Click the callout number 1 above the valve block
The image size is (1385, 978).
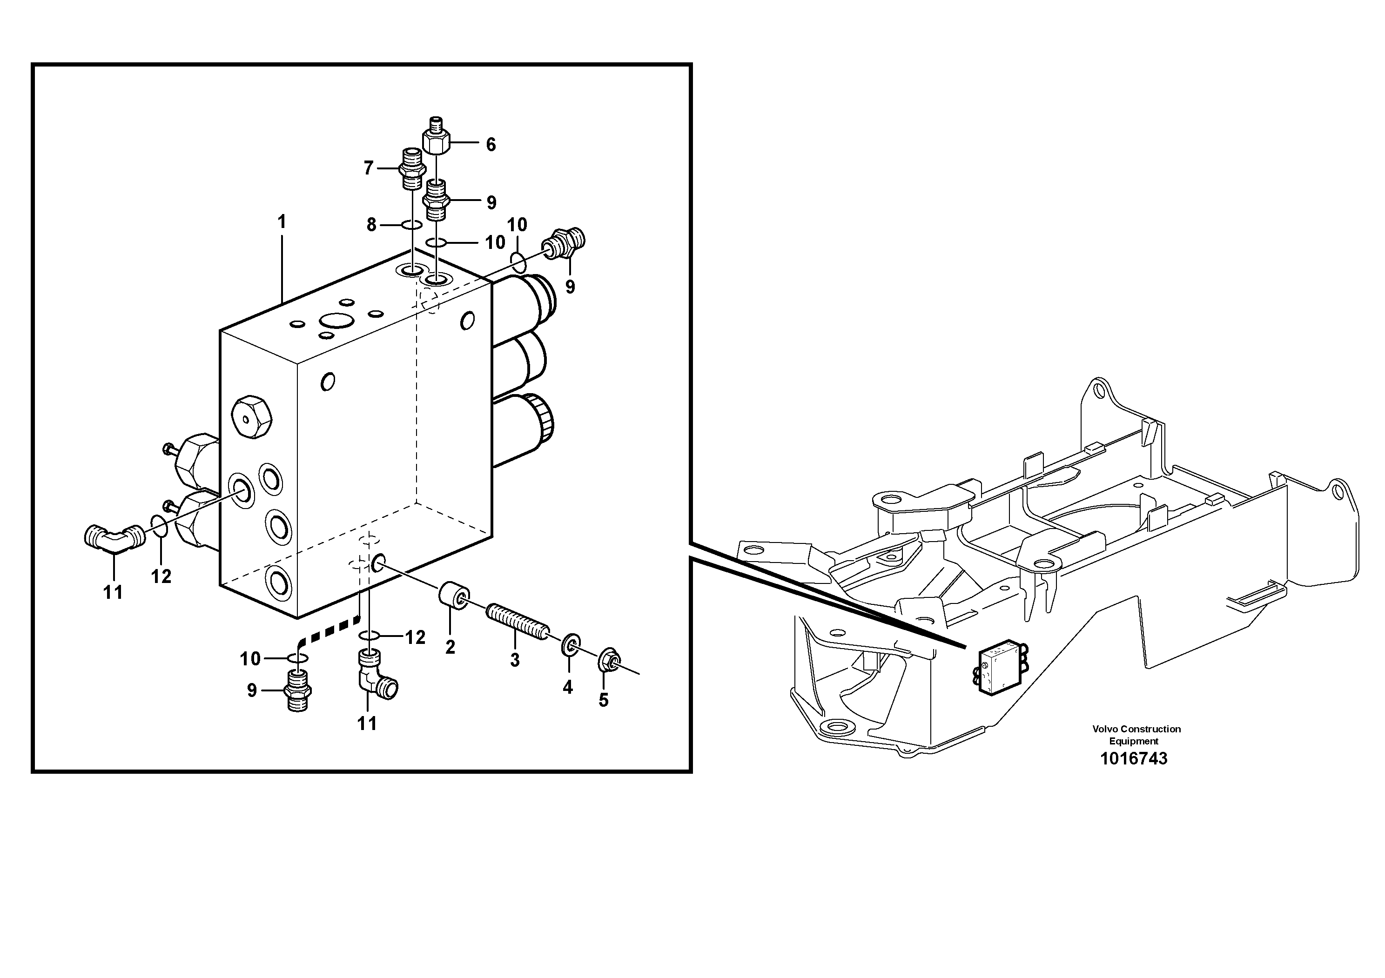pyautogui.click(x=281, y=222)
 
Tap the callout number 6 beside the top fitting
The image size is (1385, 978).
pyautogui.click(x=491, y=145)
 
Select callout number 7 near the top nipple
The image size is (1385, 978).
pyautogui.click(x=369, y=168)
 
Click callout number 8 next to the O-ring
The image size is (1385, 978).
pyautogui.click(x=371, y=225)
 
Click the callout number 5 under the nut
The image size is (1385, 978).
pyautogui.click(x=603, y=701)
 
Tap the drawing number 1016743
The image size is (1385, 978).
pyautogui.click(x=1133, y=758)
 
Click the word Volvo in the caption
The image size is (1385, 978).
pyautogui.click(x=1105, y=729)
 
